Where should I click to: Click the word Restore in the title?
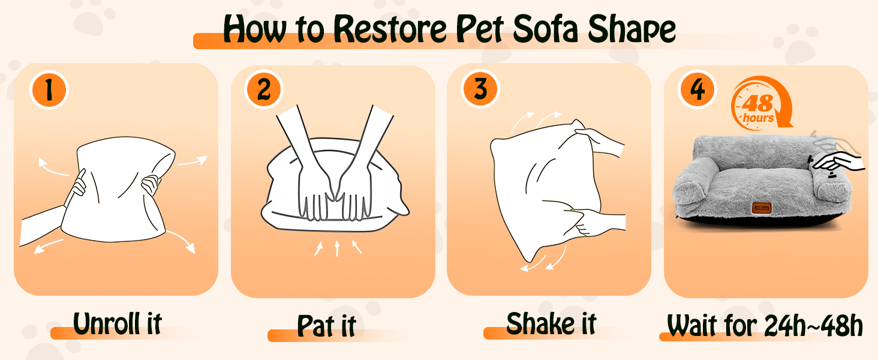390,29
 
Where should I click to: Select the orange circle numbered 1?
49,90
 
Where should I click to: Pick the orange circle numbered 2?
264,90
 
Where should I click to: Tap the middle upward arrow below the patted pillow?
337,248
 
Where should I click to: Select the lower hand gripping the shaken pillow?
596,222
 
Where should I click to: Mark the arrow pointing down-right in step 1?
182,241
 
